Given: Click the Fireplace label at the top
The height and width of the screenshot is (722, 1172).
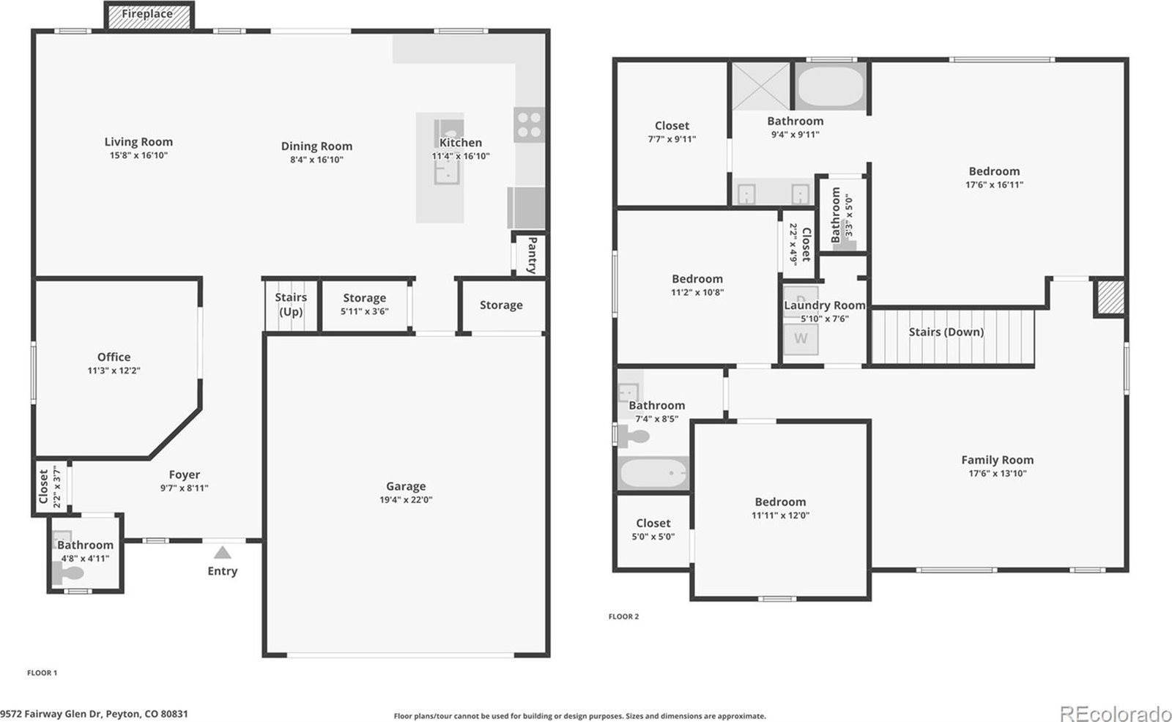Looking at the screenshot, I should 147,14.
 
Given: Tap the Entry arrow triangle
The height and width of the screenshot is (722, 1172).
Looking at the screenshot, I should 222,553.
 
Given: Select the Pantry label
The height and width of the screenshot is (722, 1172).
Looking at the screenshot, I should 533,254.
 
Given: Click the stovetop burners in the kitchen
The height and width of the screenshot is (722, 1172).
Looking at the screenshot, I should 529,124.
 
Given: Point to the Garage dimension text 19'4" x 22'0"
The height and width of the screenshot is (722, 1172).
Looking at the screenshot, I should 406,500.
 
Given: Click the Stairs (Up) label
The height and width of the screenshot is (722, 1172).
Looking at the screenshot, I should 291,305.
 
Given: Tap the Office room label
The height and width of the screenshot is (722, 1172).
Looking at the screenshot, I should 114,357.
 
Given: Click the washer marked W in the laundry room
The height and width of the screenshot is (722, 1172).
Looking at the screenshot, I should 801,338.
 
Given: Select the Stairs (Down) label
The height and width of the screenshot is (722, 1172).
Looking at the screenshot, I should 946,332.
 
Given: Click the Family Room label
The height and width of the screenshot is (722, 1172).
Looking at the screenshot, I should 997,460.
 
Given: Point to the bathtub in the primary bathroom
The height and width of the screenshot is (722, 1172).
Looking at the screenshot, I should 830,88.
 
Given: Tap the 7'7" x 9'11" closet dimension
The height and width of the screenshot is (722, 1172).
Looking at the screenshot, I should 672,139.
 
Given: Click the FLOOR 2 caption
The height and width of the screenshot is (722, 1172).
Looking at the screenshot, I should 623,617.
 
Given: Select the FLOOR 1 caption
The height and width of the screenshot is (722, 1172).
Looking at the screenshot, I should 42,673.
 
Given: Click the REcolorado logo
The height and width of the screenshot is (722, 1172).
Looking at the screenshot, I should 1115,712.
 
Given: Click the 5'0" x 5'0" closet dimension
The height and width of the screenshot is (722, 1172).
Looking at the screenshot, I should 653,537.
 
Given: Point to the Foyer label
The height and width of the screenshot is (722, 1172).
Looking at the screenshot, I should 184,474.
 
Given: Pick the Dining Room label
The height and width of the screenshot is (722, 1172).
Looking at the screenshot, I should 316,146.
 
